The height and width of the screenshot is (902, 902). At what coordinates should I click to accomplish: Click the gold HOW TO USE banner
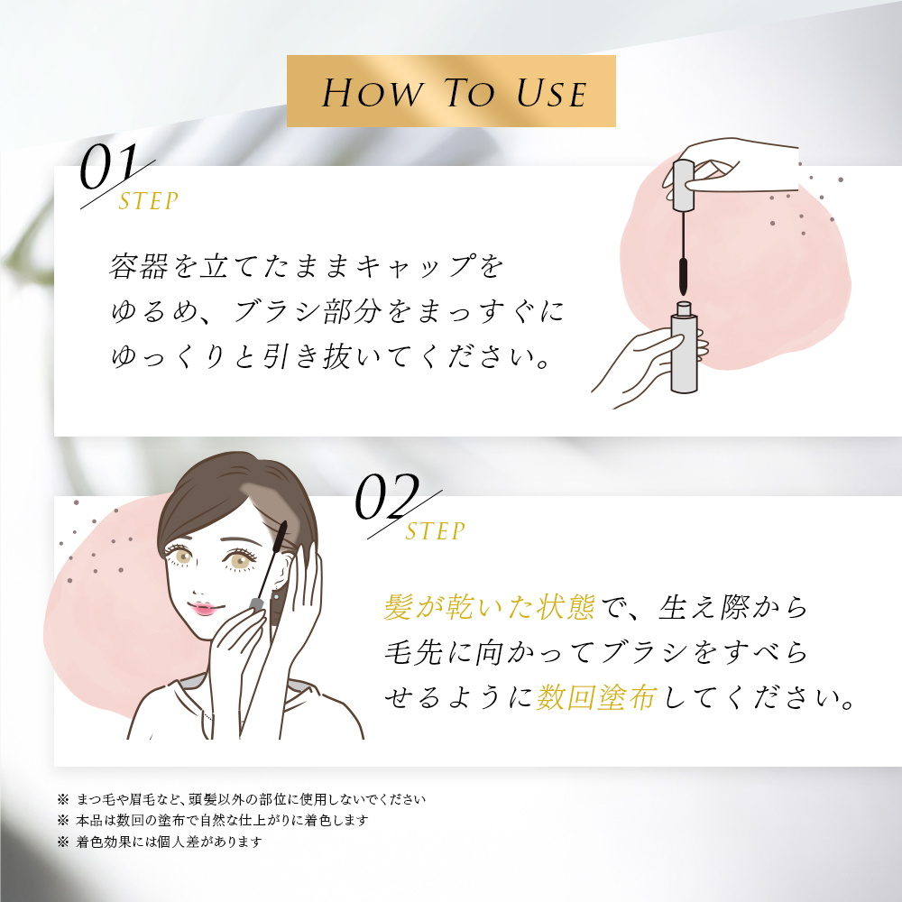click(x=451, y=91)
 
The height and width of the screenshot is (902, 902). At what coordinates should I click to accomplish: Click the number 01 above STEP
click(x=108, y=168)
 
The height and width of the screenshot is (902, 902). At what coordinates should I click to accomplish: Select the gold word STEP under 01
click(x=149, y=201)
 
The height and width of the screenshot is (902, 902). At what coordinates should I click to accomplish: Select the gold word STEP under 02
click(x=436, y=532)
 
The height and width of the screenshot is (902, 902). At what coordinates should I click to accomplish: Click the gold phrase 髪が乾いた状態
click(x=489, y=607)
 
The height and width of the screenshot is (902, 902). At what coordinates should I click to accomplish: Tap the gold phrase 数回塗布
click(x=595, y=698)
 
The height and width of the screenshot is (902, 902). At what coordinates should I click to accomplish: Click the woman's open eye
click(x=241, y=561)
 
